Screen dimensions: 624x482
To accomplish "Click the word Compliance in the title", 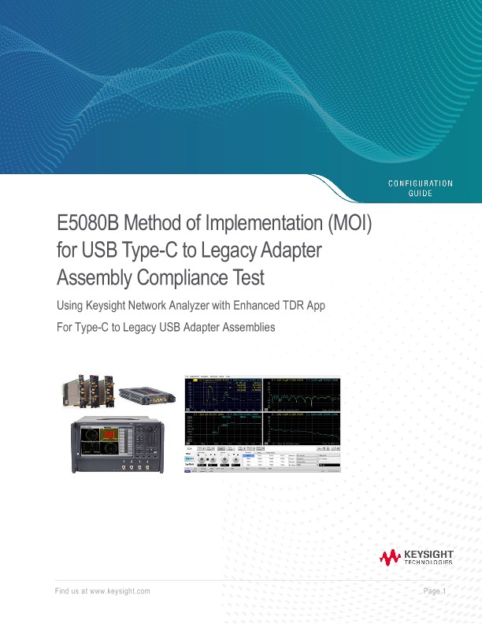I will coord(190,277).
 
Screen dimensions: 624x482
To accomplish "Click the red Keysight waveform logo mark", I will coord(390,558).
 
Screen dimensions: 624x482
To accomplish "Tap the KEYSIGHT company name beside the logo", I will coord(428,555).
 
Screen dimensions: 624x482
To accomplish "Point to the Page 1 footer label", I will coord(435,591).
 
